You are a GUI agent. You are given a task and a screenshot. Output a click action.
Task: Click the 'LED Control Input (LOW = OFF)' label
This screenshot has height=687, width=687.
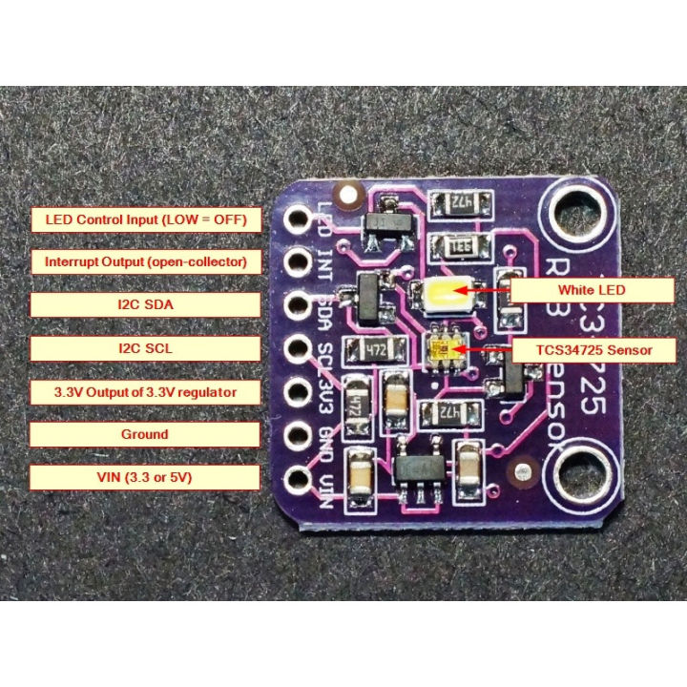click(146, 219)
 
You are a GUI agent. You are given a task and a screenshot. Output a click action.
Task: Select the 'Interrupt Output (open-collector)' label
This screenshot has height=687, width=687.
click(146, 261)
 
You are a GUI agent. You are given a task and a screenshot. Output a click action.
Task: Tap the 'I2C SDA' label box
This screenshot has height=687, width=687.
click(146, 304)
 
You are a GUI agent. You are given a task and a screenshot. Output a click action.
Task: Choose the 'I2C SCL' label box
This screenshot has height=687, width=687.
click(146, 348)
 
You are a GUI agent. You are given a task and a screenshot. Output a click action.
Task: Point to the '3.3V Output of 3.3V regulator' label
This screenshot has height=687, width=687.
click(146, 391)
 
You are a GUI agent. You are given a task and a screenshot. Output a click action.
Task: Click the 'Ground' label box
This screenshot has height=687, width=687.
click(146, 434)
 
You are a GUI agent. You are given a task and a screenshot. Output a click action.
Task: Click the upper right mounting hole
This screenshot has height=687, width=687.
click(576, 210)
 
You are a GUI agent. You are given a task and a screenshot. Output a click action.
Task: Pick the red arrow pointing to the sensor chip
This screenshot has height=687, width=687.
click(487, 351)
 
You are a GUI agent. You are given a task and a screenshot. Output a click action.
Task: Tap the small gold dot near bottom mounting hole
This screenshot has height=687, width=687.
click(522, 471)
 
